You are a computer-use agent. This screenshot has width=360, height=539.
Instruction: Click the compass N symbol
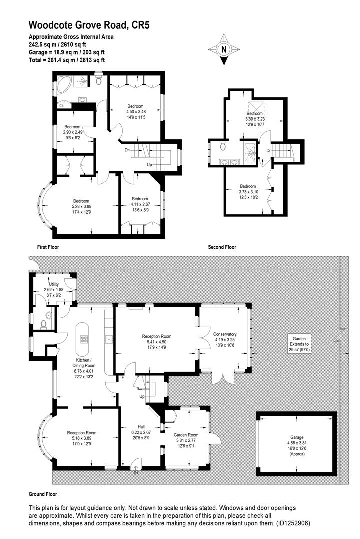coord(223,49)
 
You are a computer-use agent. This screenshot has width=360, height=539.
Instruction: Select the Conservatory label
coord(225,334)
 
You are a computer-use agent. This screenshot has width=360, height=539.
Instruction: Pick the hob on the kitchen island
coord(83,339)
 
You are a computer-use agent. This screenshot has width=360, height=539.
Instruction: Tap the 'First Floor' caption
coord(49,247)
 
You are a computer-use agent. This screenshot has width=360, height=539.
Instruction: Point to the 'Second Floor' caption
coord(222,247)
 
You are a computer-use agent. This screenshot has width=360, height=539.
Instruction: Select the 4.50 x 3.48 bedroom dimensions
coord(135,112)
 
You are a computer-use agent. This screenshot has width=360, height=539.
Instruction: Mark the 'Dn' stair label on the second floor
coord(269,150)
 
